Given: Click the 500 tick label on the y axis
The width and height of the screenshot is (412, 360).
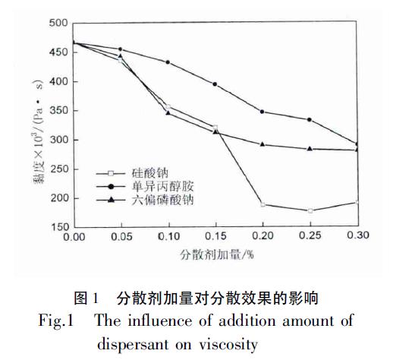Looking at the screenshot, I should [x=58, y=23].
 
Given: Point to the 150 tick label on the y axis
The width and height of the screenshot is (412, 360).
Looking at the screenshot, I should [x=58, y=227].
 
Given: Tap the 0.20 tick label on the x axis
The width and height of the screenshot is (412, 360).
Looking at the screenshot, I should [x=262, y=237].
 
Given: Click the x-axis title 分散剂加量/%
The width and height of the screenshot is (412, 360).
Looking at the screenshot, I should [x=215, y=254].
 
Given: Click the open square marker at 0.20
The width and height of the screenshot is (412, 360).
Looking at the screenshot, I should [x=263, y=204].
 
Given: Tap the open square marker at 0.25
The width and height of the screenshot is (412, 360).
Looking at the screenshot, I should [x=310, y=210].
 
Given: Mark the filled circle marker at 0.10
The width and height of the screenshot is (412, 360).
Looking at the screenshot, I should [x=168, y=62].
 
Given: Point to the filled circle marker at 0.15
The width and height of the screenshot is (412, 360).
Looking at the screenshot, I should [x=215, y=84].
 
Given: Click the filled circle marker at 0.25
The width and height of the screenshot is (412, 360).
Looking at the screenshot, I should [x=310, y=119].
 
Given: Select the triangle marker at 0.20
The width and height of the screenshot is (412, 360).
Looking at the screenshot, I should [x=263, y=144].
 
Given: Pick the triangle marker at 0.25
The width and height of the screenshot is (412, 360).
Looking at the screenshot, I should [x=310, y=148].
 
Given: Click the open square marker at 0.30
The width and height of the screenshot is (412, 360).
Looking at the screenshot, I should [x=357, y=202].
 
